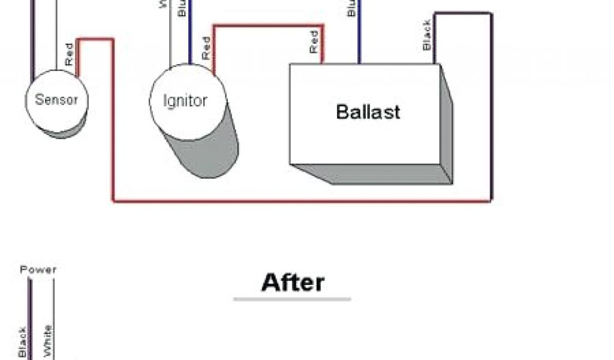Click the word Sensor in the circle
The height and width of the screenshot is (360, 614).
(56, 100)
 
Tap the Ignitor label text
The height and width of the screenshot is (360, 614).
(185, 100)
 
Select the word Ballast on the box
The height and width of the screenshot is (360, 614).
(368, 112)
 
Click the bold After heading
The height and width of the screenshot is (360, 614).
(293, 283)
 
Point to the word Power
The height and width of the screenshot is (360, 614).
(38, 269)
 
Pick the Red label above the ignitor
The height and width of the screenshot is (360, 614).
(206, 48)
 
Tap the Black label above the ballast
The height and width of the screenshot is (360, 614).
(427, 35)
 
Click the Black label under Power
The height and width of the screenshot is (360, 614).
(22, 342)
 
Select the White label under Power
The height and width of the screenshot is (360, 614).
(48, 340)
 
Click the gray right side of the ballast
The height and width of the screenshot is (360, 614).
(447, 129)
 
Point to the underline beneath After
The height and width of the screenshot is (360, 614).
(292, 299)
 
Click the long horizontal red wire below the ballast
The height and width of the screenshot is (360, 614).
(300, 201)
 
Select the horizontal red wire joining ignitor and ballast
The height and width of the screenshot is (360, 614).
(269, 25)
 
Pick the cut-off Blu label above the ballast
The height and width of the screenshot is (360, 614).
(352, 7)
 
